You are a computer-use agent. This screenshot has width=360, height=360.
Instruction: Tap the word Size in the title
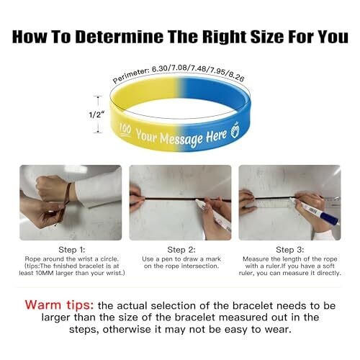tap(267, 37)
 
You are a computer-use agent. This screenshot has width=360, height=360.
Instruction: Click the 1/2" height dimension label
tap(96, 114)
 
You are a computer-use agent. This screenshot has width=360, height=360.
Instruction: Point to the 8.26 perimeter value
tap(236, 76)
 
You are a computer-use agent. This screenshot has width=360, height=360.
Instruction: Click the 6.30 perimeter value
tap(160, 68)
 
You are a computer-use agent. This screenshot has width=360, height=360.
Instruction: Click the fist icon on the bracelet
tap(235, 130)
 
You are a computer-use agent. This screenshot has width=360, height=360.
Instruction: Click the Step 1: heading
tap(72, 250)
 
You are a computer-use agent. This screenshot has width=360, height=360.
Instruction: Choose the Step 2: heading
tap(181, 250)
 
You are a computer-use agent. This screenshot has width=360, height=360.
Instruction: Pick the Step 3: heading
tap(290, 250)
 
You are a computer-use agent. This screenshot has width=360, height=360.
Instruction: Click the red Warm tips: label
tap(59, 305)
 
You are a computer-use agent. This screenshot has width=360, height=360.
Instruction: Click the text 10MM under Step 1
tap(45, 273)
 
